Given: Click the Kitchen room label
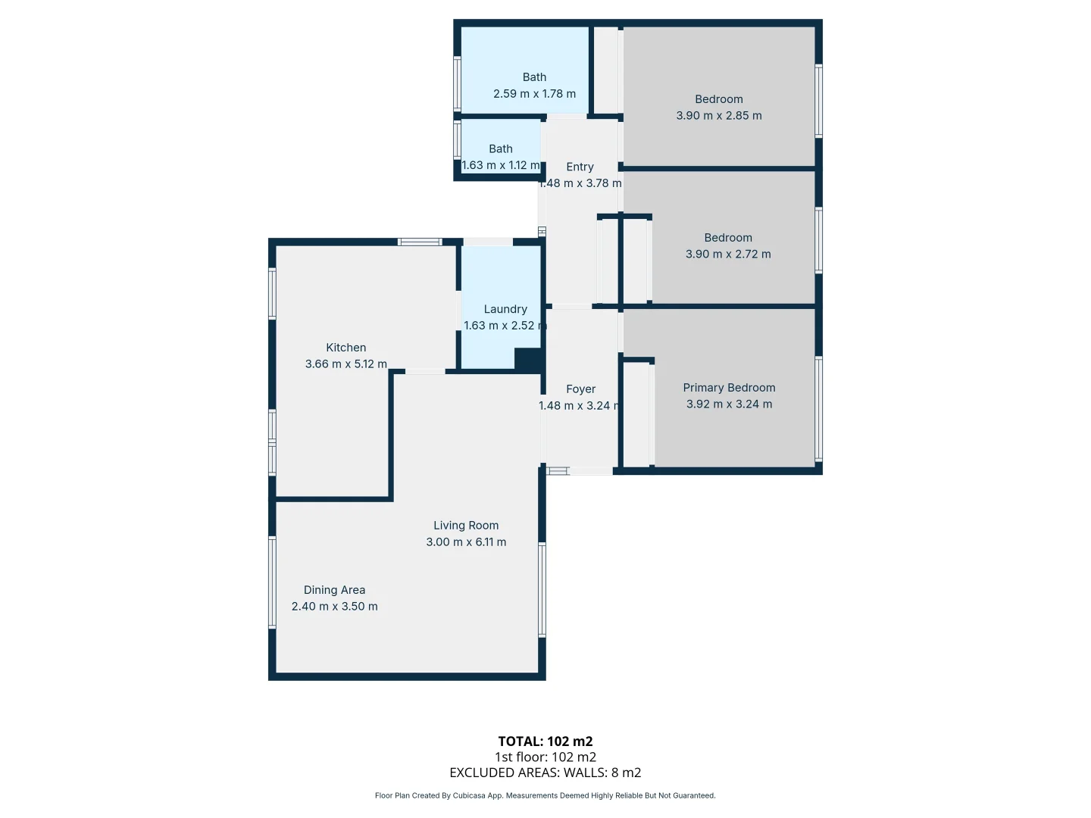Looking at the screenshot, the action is (346, 348).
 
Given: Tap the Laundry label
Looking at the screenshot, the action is (505, 309).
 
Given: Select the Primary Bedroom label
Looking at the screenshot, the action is (729, 387).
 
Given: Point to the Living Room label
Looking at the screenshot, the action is (466, 525).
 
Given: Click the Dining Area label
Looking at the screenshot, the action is (335, 590).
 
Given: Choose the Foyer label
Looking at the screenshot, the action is (580, 389).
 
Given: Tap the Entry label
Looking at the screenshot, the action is (580, 167).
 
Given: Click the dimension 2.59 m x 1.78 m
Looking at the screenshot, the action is (534, 94).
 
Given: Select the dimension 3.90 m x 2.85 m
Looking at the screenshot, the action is (719, 116).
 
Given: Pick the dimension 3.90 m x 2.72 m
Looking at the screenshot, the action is (728, 254).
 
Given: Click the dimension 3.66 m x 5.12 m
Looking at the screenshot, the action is (346, 364).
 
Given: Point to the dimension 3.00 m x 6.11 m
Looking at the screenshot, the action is (466, 542).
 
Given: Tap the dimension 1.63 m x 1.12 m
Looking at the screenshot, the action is (501, 165).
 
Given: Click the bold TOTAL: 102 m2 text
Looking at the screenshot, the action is (545, 742).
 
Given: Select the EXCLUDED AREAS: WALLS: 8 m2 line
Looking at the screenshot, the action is (545, 773).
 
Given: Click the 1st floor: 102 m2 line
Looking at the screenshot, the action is (545, 757).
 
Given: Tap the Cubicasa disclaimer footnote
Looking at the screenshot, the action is (545, 795).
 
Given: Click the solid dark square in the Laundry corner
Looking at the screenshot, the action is (527, 360).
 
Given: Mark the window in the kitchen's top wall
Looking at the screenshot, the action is (420, 242).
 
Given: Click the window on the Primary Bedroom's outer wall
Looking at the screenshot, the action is (818, 409).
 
